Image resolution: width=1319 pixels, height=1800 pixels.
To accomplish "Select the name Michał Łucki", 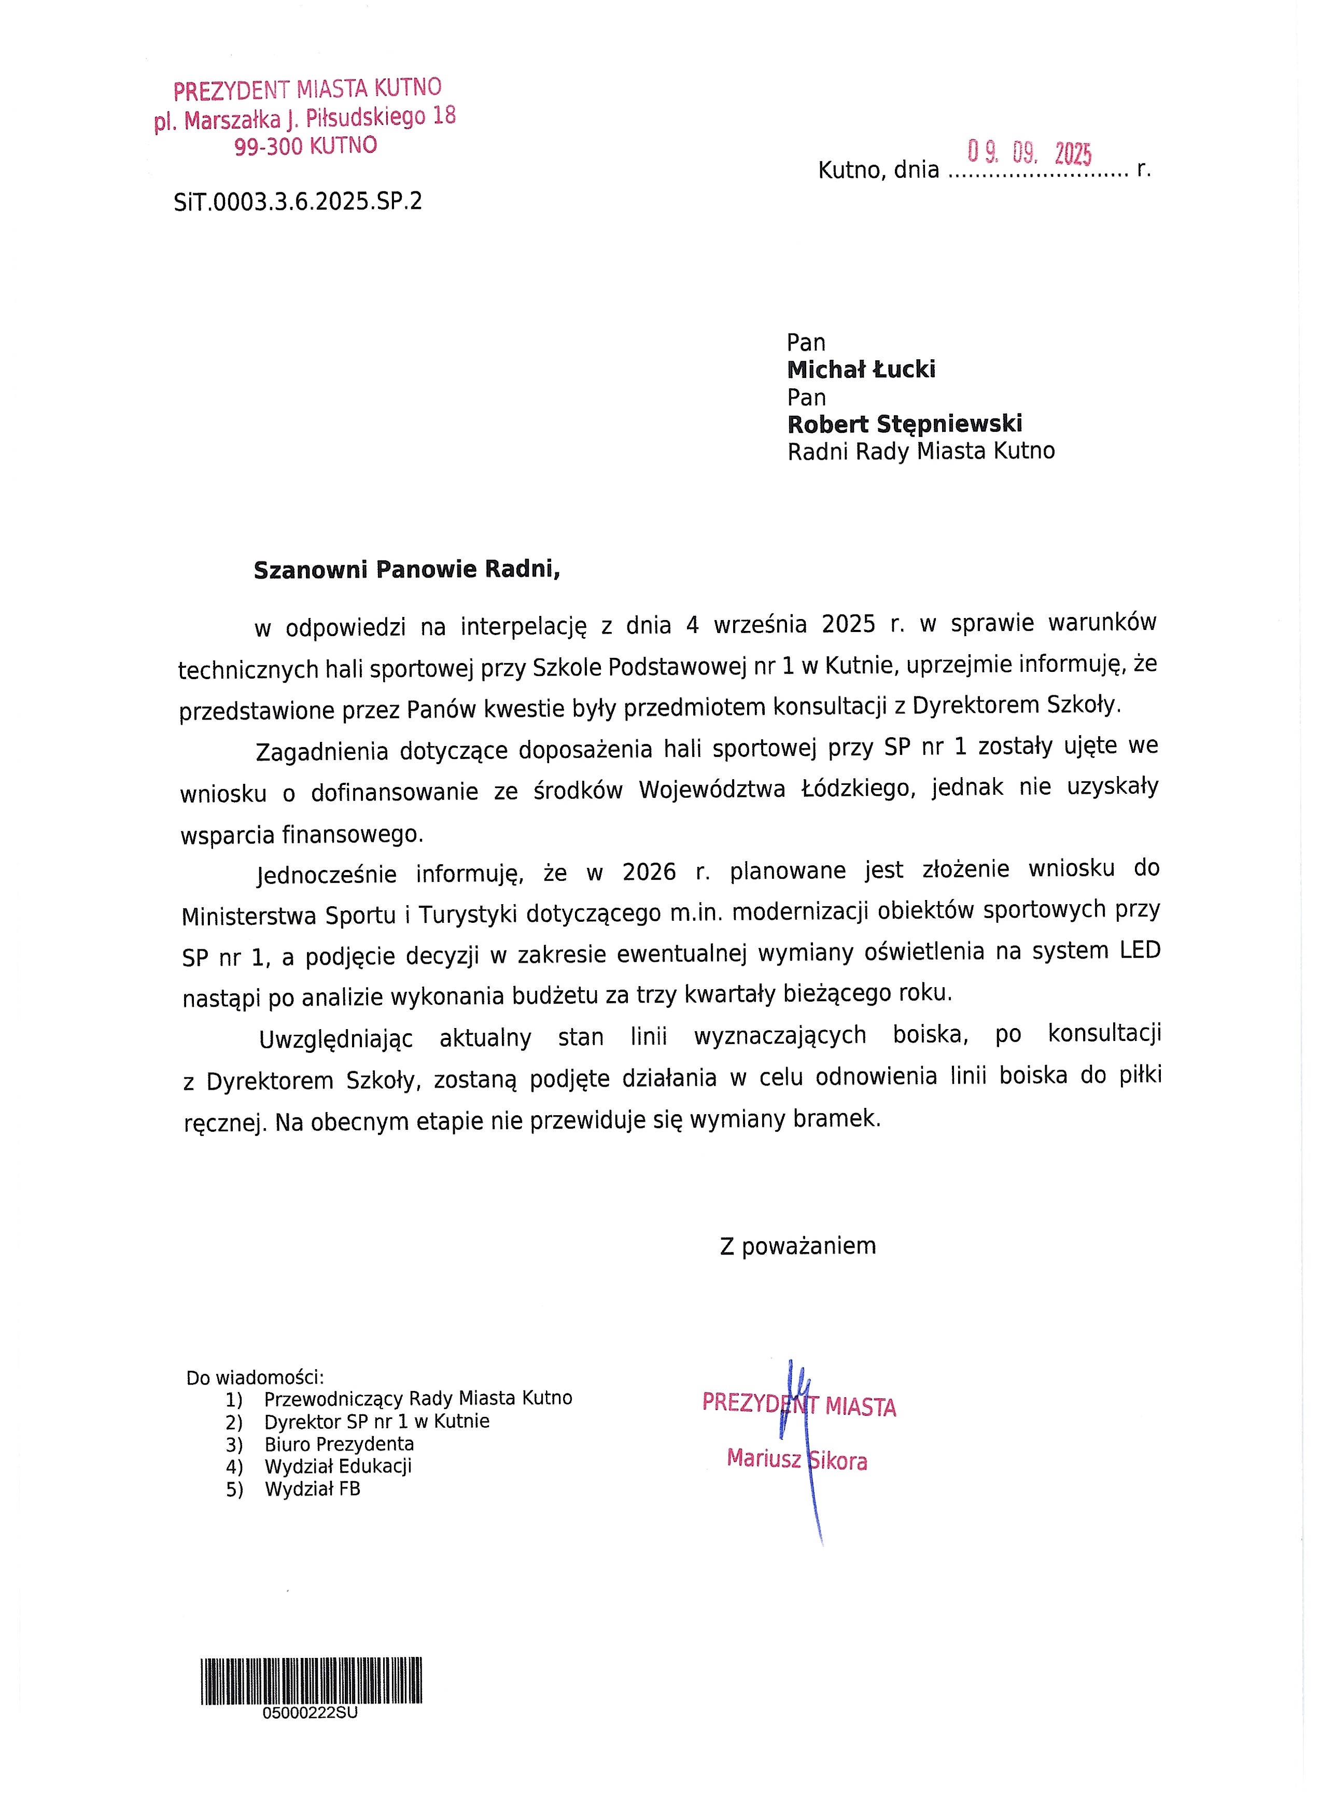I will coord(861,370).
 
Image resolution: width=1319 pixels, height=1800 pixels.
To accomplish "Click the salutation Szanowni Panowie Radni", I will coord(406,570).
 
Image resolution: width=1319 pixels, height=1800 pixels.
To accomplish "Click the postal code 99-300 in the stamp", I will coord(268,147).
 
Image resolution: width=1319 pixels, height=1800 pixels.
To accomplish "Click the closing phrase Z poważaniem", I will coord(797,1246).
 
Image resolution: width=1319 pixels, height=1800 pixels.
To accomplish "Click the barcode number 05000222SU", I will coord(310,1713).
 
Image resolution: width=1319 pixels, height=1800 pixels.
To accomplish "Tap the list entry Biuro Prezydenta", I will coord(339,1444).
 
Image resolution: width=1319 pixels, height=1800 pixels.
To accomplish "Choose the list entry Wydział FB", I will coord(312,1489).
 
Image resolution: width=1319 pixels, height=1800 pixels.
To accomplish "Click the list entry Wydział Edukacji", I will coord(338,1466).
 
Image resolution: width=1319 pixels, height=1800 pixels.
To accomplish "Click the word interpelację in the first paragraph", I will coord(523,627).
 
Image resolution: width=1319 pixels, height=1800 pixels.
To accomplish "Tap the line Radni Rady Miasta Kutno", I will coord(921,452).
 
